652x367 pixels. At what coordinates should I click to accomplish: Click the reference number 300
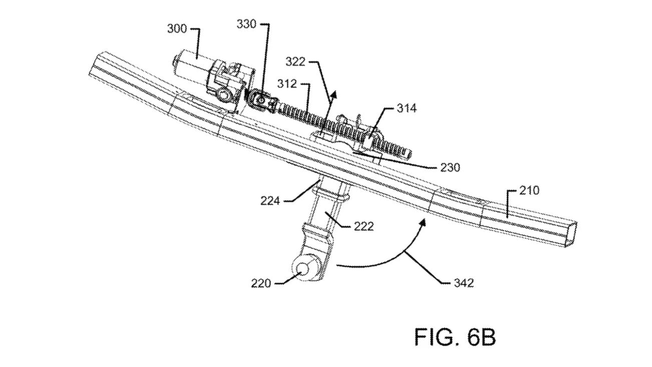(x=177, y=29)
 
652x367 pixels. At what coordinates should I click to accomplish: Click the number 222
(x=363, y=226)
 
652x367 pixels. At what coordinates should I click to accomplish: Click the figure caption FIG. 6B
(x=454, y=337)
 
